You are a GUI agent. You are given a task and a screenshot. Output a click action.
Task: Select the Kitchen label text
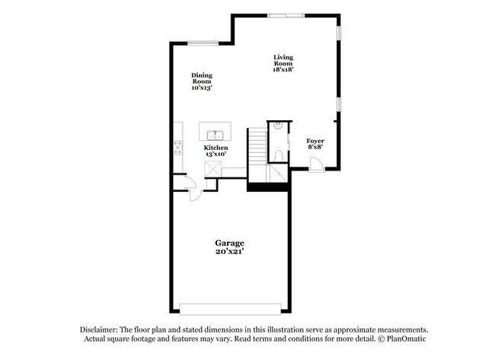tap(216, 147)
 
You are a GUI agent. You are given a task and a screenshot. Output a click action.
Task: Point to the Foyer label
tap(315, 141)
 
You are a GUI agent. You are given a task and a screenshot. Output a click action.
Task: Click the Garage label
tap(228, 243)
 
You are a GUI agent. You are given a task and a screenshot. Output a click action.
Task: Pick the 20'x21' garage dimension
tap(228, 251)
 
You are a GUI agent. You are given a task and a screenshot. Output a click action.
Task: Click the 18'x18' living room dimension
tap(283, 69)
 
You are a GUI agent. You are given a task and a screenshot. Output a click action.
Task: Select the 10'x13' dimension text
tap(202, 88)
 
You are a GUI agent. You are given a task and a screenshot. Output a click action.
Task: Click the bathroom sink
tap(279, 125)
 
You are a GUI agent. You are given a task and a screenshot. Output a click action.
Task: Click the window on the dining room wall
tap(204, 43)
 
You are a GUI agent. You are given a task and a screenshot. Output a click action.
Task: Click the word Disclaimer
tap(104, 330)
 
